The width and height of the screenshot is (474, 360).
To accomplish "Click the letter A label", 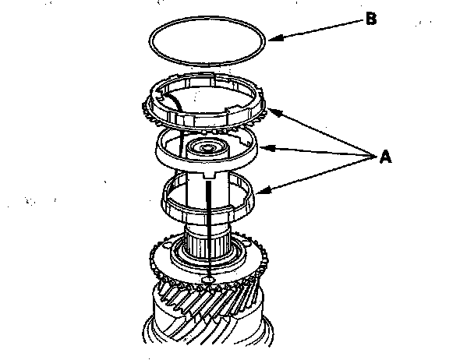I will point(384,158).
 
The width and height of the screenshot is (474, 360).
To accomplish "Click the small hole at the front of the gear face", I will point(209,278).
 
